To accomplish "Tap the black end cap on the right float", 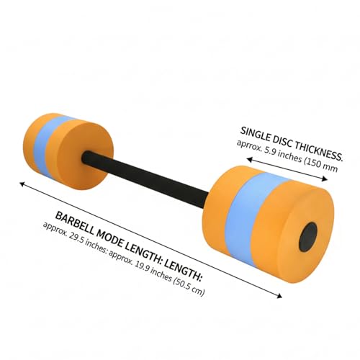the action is [x=308, y=236].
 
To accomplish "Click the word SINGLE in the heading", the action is [x=255, y=135].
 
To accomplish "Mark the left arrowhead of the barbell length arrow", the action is [x=22, y=184].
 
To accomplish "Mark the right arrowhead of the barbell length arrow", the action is [x=279, y=296].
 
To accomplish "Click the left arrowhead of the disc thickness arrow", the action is [x=250, y=158].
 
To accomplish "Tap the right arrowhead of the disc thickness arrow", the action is [x=325, y=179].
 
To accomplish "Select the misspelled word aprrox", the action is [x=249, y=145].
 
